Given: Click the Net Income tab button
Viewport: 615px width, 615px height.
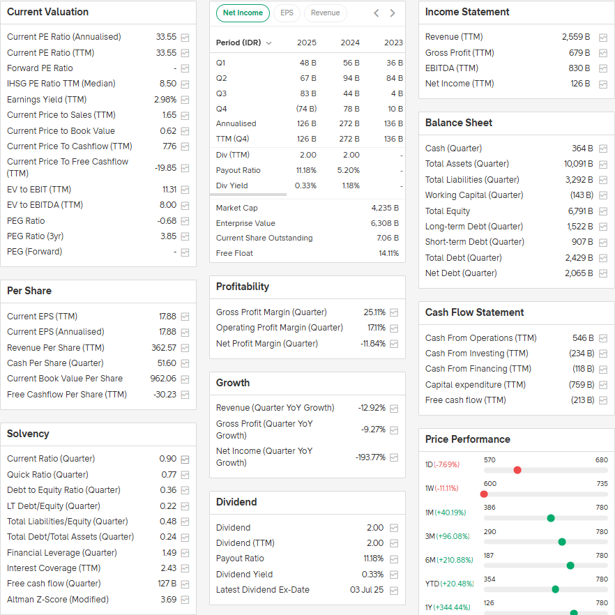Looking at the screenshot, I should tap(243, 13).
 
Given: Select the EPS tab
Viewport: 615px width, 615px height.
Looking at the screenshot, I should tap(287, 13).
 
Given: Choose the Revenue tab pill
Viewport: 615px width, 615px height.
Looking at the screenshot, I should tap(325, 13).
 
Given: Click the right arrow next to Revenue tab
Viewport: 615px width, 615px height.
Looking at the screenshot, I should tap(393, 13).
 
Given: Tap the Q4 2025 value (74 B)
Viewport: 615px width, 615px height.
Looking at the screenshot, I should tap(306, 109).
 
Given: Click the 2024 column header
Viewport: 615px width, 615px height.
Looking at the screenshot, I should tap(350, 43).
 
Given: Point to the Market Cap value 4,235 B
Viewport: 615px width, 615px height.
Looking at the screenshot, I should tap(385, 208).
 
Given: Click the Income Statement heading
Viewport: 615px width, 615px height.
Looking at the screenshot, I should tap(467, 12).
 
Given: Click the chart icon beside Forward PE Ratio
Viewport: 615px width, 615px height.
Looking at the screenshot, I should tap(185, 68).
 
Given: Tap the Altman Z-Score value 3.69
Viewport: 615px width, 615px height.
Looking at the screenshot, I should tap(168, 600).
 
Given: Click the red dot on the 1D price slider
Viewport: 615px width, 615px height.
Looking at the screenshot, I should tap(517, 470).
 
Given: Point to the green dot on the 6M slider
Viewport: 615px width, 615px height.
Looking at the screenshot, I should tap(570, 565).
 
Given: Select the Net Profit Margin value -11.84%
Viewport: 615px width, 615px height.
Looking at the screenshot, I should tap(372, 344).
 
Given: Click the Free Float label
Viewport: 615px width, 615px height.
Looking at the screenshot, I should tap(234, 253).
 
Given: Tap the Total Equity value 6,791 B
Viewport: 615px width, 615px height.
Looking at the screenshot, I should tap(579, 211).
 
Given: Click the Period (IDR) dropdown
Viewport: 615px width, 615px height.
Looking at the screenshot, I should tap(244, 43).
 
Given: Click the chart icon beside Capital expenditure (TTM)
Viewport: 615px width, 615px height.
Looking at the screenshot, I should tap(603, 385).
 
